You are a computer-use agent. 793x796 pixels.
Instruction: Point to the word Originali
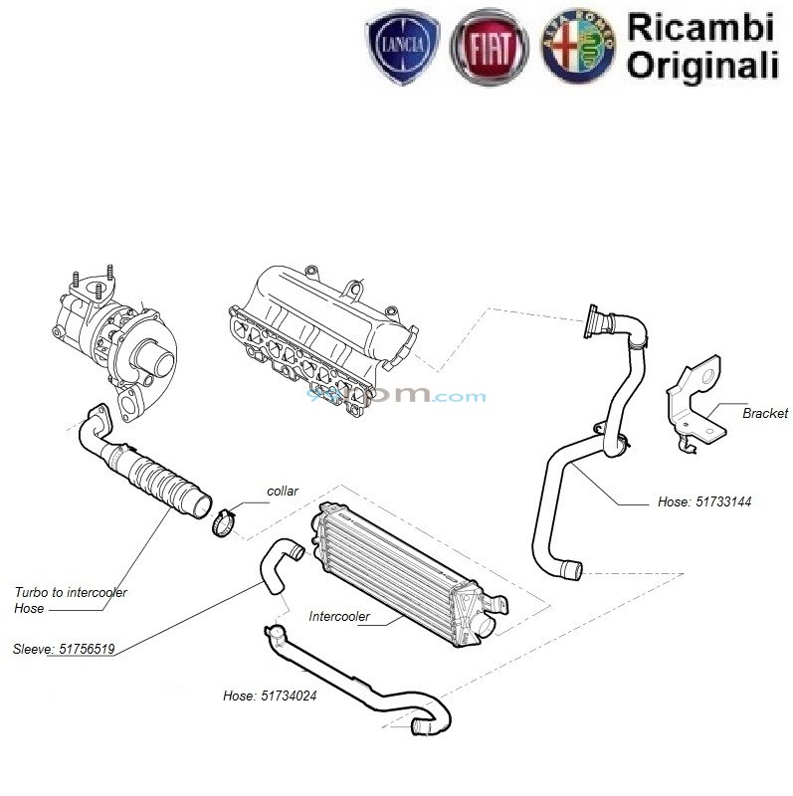point(702,65)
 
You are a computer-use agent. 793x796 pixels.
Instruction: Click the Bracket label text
point(764,413)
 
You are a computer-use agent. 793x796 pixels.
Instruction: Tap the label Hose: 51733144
point(704,502)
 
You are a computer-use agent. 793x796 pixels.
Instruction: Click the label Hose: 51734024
point(270,696)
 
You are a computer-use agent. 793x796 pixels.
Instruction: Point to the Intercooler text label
point(339,617)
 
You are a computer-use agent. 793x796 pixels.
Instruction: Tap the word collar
point(284,492)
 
